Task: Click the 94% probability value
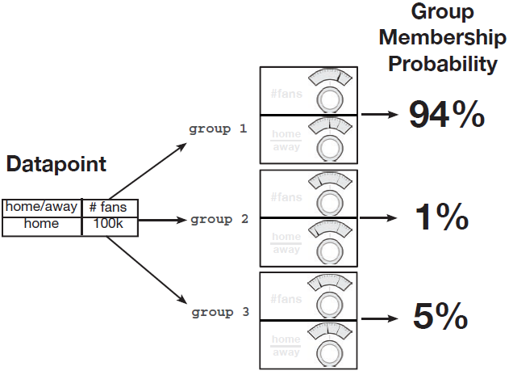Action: (x=446, y=115)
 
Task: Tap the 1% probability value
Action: (x=441, y=217)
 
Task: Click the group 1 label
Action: (x=218, y=129)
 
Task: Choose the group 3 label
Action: (x=219, y=312)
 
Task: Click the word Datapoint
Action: (x=56, y=165)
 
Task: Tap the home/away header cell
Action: (x=42, y=207)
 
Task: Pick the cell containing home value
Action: (x=42, y=224)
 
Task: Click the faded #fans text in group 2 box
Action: (x=286, y=197)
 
